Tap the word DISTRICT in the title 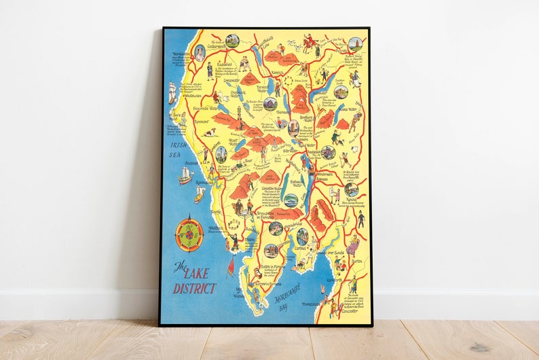pos(194,287)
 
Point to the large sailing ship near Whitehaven pos(172,92)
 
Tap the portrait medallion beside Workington pos(200,52)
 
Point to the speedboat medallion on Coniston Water pos(290,200)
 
